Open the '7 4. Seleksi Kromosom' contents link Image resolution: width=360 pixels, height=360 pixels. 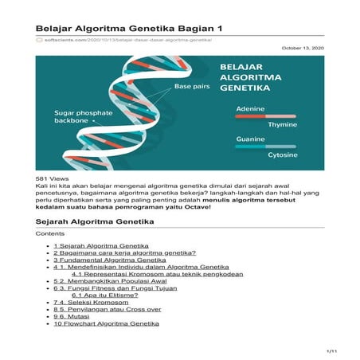[x=92, y=303]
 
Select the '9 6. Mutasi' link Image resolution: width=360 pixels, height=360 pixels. [x=76, y=316]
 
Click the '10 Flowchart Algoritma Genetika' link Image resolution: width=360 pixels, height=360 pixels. [x=107, y=323]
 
